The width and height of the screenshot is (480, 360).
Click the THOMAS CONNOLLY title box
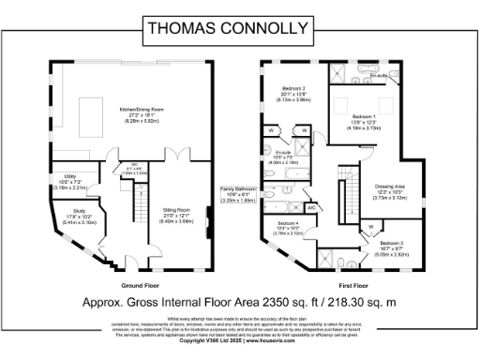click(x=239, y=28)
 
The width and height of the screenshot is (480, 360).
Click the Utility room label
click(x=69, y=180)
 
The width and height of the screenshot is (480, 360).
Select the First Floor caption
click(x=351, y=284)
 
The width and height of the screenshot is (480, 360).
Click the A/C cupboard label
click(x=310, y=205)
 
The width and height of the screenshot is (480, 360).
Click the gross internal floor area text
click(x=239, y=304)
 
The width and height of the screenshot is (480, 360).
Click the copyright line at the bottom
click(x=239, y=353)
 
